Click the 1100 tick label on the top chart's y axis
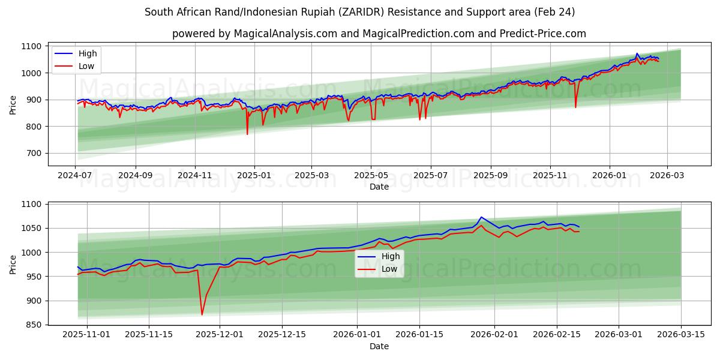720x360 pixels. (31, 46)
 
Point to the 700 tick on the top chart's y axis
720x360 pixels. (34, 153)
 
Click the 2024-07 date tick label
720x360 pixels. (75, 175)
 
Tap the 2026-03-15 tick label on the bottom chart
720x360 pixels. (681, 335)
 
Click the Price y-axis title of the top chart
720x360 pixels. (13, 104)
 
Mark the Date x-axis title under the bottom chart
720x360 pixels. (379, 346)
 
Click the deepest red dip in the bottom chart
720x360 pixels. (202, 314)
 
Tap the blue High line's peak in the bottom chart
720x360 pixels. (481, 217)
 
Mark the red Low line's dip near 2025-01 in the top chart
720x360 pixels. (247, 134)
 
